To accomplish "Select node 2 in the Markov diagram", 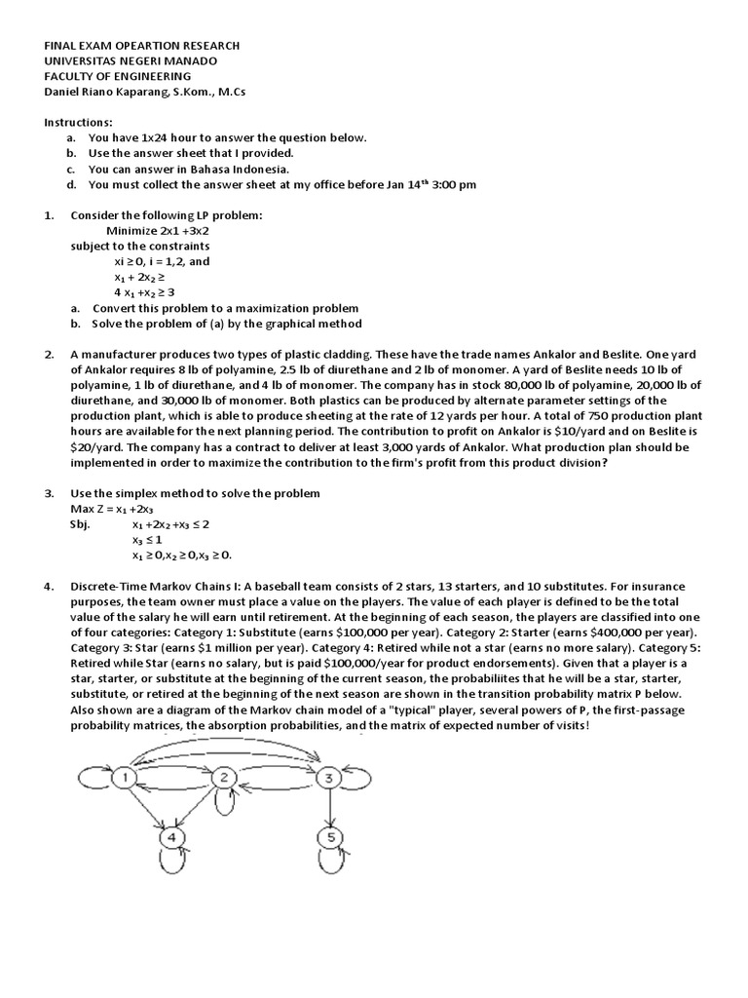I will [223, 777].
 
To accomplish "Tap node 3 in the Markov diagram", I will [330, 777].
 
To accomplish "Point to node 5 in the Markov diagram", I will [330, 837].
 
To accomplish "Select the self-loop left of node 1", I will [91, 777].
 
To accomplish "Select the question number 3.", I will [49, 493].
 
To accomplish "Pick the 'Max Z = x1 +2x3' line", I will [112, 509].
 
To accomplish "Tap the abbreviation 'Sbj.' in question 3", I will [81, 524].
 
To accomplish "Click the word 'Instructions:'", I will [78, 123].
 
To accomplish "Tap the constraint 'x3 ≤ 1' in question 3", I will [148, 540].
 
